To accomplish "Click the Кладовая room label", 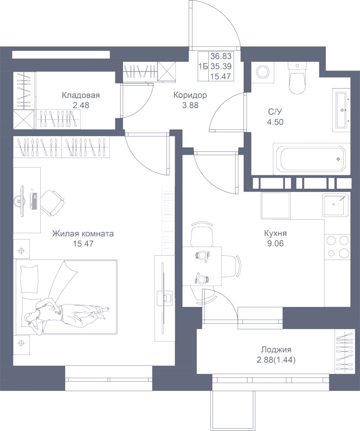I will click(x=80, y=95).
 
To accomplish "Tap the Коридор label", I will click(x=190, y=95).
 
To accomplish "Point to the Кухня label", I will click(x=275, y=234).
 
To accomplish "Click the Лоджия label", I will click(x=276, y=350).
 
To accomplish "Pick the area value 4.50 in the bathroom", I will click(x=275, y=122).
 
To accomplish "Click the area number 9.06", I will click(x=275, y=243).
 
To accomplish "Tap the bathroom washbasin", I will click(x=341, y=110).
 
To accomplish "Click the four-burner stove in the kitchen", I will click(x=337, y=246).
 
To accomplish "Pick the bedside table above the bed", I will click(x=21, y=250).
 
